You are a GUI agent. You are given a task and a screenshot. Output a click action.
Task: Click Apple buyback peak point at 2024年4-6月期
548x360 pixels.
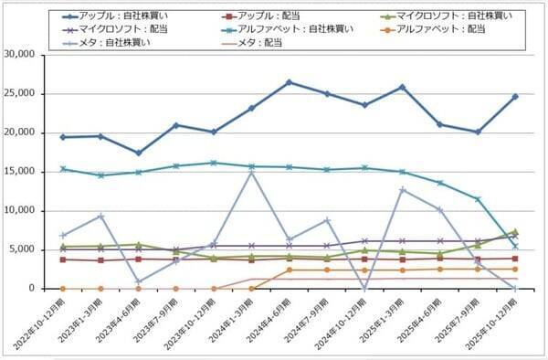click(x=289, y=82)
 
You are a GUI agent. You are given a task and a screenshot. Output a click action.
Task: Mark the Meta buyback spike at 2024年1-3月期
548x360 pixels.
click(x=251, y=172)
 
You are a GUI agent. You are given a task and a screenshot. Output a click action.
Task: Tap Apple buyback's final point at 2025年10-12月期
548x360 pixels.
click(x=514, y=96)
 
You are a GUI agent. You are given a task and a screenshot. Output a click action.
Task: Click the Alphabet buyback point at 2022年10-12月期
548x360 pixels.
click(x=62, y=168)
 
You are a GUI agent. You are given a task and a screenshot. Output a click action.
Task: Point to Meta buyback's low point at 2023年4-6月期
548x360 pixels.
click(x=138, y=282)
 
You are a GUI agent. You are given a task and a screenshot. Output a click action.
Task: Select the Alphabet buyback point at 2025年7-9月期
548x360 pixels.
click(x=477, y=198)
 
